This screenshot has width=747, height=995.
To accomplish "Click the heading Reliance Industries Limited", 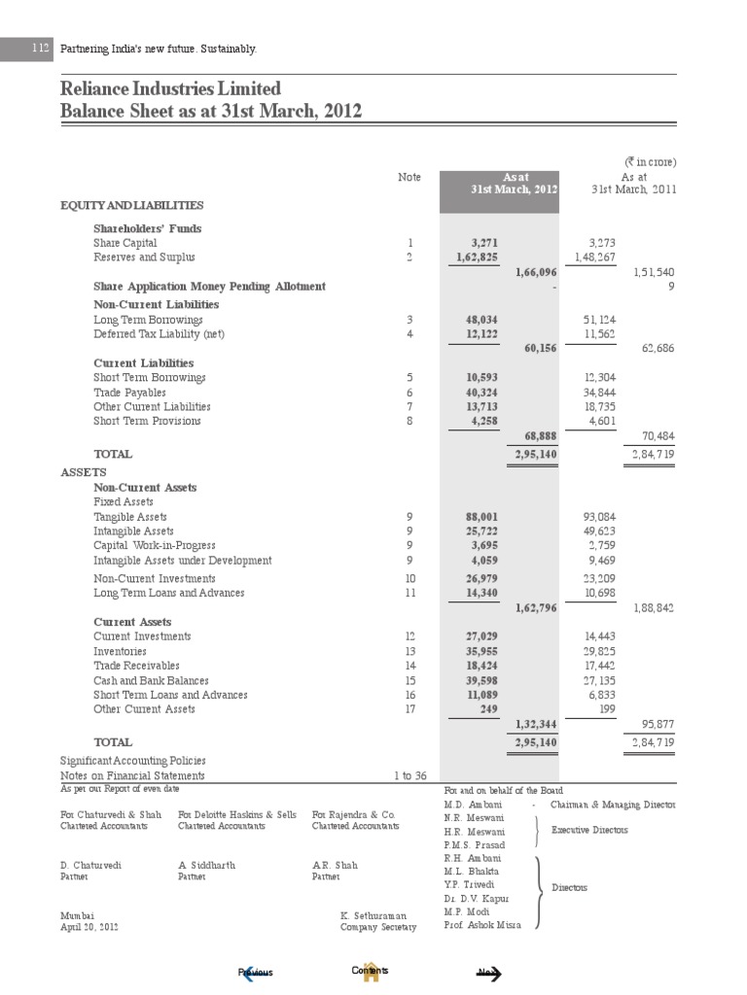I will tap(170, 89).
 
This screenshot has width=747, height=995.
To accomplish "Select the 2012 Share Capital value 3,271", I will tap(484, 242).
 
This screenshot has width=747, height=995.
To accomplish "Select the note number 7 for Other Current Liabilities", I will tap(410, 406).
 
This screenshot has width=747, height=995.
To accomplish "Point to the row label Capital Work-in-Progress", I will tap(155, 546).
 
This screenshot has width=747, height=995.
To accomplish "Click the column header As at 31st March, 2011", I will tap(634, 183).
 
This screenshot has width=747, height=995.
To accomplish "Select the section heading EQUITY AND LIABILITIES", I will tap(131, 205).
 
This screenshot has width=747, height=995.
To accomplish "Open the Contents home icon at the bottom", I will tap(370, 972).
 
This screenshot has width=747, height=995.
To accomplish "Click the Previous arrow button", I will tap(256, 973).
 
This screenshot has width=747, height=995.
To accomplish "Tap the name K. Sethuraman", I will tap(378, 915).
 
